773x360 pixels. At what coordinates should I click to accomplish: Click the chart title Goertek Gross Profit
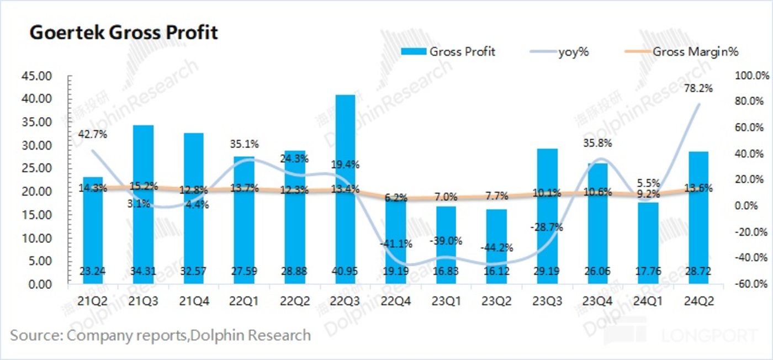coord(123,33)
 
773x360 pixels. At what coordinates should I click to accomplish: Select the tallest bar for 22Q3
coord(346,166)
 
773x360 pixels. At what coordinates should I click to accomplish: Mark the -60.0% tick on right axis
coord(752,284)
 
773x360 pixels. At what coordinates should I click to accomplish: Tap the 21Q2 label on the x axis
coord(92,301)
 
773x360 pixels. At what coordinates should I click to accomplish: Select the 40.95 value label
coord(346,272)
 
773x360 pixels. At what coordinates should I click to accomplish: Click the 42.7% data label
coord(93,134)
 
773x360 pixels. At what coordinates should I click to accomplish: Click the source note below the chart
coord(160,335)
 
